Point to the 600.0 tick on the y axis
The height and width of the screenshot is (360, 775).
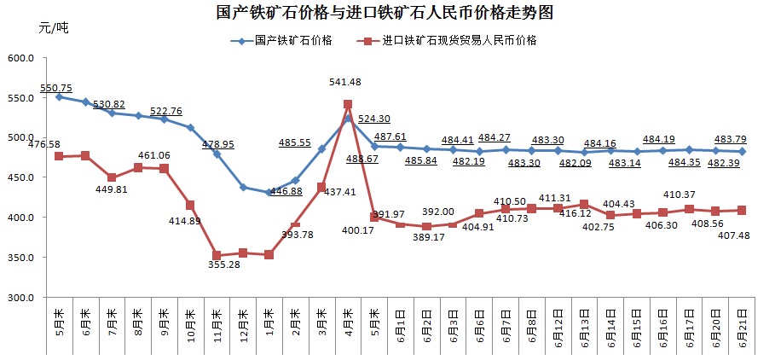pos(20,58)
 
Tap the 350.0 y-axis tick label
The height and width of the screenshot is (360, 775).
pos(20,258)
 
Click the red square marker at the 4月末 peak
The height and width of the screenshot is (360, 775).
pos(348,104)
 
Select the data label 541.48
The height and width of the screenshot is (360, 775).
pos(347,82)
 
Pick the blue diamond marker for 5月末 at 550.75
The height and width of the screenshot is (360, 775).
pos(59,97)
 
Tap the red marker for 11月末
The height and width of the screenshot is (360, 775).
pos(217,255)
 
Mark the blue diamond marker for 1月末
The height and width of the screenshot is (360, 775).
pos(269,193)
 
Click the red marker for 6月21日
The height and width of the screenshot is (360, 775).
pos(742,210)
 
